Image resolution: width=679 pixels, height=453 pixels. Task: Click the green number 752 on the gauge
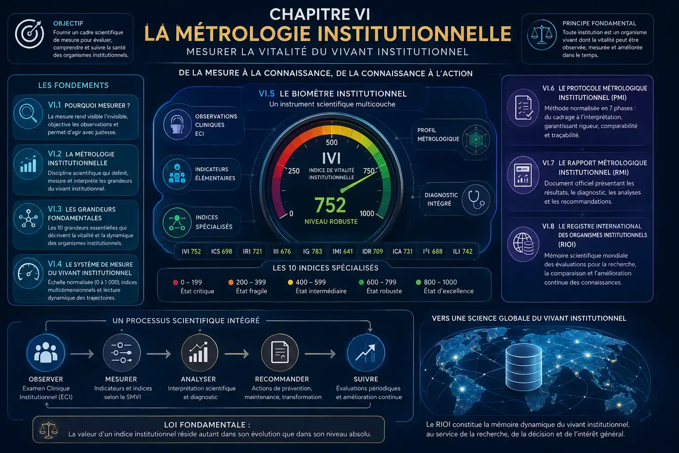coord(330,205)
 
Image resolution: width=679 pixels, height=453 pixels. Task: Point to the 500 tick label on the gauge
coord(332,142)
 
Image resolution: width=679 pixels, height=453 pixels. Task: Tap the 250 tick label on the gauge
coord(294,171)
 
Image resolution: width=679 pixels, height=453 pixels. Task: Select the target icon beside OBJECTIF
coord(30,34)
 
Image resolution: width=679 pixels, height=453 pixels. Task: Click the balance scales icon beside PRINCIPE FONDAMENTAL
coord(542,35)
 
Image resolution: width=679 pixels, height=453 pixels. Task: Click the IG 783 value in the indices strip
coord(313,252)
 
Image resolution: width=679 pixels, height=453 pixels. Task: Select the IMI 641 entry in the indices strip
coord(343,252)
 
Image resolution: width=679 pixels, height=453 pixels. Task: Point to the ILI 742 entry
coord(462,252)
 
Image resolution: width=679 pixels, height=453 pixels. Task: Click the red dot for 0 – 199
coord(175,283)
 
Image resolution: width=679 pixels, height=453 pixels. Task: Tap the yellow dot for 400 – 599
coord(290,283)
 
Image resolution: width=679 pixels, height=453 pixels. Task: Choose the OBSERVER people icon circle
coord(46,353)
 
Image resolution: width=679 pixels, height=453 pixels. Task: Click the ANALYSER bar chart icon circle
coord(199,353)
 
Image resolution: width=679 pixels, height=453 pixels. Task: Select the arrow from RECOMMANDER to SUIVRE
coord(320,354)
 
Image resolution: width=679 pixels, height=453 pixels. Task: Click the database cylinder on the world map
coord(524,367)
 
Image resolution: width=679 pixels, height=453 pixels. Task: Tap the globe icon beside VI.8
coord(523,244)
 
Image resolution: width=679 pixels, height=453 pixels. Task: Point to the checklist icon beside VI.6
coord(523,107)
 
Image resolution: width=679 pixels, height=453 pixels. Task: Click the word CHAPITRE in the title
coord(305,14)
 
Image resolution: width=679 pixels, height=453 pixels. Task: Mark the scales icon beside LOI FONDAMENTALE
coord(48,430)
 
